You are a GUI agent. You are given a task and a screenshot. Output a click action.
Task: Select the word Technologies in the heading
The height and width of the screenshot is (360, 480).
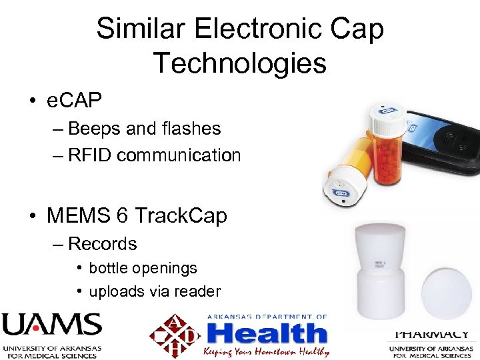(x=240, y=63)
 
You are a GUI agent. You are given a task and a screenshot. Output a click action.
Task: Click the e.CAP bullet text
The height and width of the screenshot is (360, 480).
(x=74, y=101)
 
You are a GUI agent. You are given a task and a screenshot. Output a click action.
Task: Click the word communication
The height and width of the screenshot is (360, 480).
(x=179, y=155)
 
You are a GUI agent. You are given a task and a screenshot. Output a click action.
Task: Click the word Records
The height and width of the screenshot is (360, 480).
(x=102, y=243)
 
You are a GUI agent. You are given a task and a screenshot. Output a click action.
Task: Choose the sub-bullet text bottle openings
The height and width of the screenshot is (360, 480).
(x=143, y=268)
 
